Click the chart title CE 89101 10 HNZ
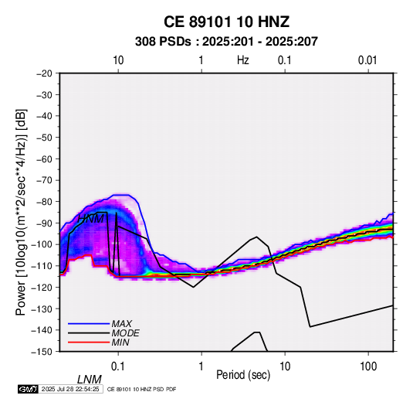pos(226,22)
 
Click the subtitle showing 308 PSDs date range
pos(226,42)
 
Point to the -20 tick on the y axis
pos(44,73)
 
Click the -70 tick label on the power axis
pos(44,180)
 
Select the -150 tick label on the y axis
pos(42,352)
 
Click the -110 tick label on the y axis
pos(42,266)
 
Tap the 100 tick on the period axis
pos(368,366)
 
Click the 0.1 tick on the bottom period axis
pos(118,366)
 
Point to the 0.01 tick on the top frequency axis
pos(367,60)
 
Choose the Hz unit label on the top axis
pos(243,60)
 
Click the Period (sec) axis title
pos(243,375)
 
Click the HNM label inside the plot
pos(90,219)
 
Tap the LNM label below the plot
pos(89,380)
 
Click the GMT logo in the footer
pos(28,389)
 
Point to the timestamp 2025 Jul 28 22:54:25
pos(70,389)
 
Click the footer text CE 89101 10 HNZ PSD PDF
pos(141,389)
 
